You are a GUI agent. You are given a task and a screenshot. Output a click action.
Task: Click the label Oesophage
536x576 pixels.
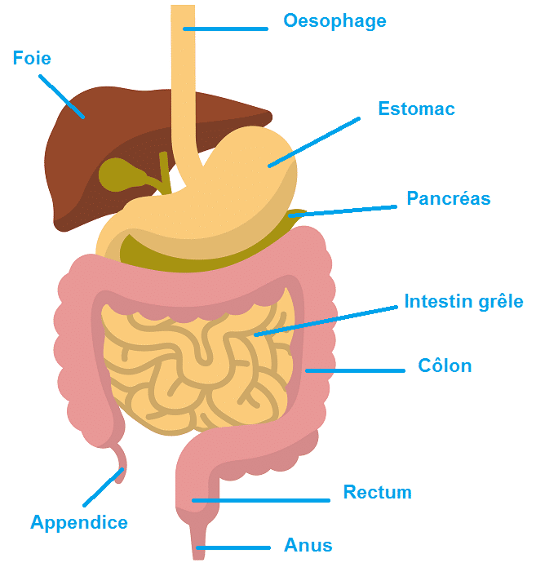[x=334, y=20]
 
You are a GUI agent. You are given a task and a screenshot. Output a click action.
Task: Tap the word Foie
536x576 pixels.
[x=32, y=59]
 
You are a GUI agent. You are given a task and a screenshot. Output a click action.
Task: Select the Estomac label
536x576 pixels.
[x=416, y=109]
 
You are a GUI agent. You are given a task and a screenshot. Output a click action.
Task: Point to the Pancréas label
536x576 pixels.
[x=449, y=198]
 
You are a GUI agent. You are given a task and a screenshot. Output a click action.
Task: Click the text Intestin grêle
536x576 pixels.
[x=463, y=302]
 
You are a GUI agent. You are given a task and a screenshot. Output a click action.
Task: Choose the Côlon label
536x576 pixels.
[x=445, y=366]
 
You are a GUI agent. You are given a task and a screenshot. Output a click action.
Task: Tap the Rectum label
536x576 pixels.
[x=377, y=493]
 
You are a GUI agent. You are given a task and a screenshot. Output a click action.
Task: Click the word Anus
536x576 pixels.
[x=308, y=545]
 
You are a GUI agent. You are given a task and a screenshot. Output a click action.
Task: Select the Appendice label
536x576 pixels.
[x=79, y=522]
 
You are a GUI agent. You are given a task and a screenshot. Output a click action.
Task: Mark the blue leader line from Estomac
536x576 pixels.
[x=314, y=143]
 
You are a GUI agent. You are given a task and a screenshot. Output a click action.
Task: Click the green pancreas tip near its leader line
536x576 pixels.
[x=295, y=215]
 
